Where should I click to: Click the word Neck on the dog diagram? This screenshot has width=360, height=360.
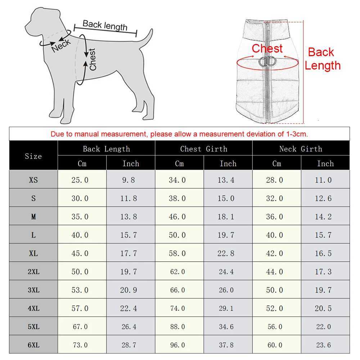click(61, 45)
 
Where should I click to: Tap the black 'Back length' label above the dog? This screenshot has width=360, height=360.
click(105, 25)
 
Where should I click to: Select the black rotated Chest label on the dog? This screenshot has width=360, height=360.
click(93, 59)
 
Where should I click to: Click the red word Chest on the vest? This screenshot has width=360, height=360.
click(267, 49)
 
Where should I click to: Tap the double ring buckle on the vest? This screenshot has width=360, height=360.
click(267, 62)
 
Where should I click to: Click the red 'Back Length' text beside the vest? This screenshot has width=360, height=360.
click(322, 59)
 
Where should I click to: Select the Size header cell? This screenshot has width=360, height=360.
click(33, 156)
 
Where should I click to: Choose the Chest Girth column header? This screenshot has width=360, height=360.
click(203, 149)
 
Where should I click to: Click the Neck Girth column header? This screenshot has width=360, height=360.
click(301, 149)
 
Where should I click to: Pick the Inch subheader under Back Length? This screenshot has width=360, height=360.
click(130, 163)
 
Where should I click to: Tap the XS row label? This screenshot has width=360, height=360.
click(33, 180)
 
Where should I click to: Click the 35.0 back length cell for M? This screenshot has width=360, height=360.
click(80, 217)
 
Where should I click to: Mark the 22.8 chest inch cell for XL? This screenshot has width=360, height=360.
click(226, 253)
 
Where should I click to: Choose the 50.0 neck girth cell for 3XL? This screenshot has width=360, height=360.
click(274, 290)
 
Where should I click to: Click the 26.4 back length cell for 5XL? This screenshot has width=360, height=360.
click(129, 327)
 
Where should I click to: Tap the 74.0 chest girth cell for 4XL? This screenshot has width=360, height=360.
click(177, 309)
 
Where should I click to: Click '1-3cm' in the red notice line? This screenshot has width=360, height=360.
click(296, 134)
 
